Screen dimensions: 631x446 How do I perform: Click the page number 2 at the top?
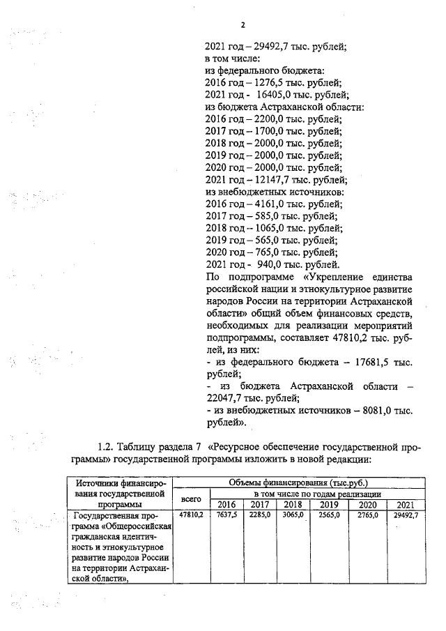pos(243,26)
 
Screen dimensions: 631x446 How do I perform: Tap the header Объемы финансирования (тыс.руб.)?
pos(298,482)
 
